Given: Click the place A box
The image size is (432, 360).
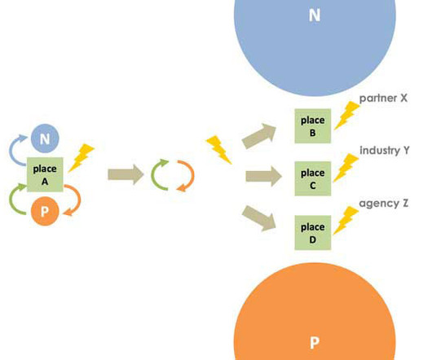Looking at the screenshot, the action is click(x=45, y=174).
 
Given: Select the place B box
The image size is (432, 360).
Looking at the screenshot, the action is click(x=313, y=126).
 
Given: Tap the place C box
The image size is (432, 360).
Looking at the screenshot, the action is click(x=313, y=178).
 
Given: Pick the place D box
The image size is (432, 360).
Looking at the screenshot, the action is click(x=313, y=233).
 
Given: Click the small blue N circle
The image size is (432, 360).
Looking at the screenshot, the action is click(x=45, y=138).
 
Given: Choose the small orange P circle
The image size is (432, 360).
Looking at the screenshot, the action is click(x=45, y=211).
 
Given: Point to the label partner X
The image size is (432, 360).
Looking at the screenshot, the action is click(x=383, y=98).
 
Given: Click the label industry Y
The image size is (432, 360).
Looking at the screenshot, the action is click(x=385, y=151).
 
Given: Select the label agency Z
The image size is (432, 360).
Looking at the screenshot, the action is click(x=384, y=204).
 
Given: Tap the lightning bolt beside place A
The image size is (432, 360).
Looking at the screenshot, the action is click(x=82, y=158).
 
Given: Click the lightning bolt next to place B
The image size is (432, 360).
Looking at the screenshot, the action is click(x=347, y=116).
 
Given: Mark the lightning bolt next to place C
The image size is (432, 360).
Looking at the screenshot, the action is click(x=346, y=168).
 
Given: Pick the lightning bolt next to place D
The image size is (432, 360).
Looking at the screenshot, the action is click(x=346, y=221).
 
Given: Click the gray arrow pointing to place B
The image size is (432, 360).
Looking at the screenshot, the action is click(x=259, y=136).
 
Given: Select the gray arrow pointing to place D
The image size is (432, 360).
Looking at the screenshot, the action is click(x=259, y=218).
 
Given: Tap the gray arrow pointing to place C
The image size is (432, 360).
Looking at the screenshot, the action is click(x=263, y=176).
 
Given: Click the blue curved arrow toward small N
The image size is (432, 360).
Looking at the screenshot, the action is click(x=11, y=148).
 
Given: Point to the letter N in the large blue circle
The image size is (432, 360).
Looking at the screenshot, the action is click(x=315, y=15).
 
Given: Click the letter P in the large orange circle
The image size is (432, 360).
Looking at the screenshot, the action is click(x=315, y=343).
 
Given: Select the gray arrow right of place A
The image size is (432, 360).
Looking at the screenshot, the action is click(x=126, y=174).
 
